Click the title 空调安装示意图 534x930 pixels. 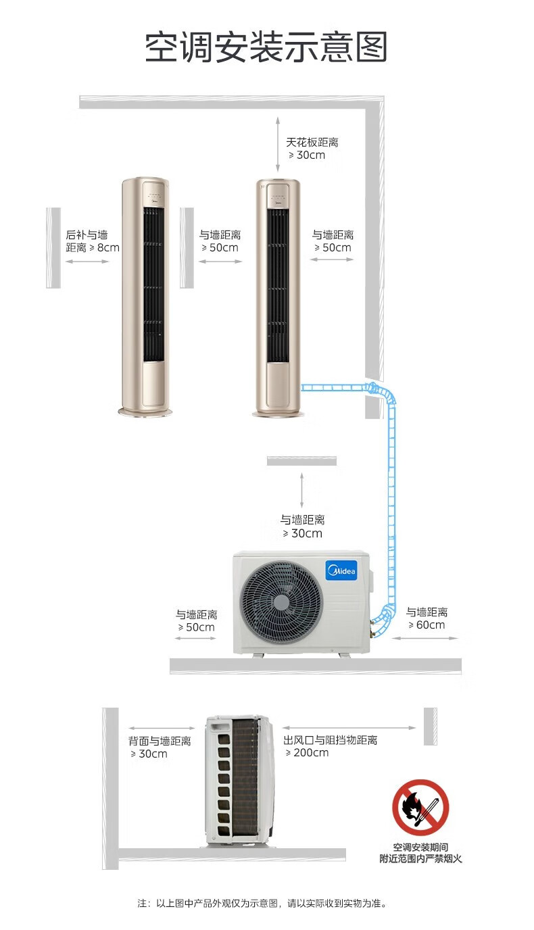click(x=266, y=47)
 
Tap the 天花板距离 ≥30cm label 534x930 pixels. click(x=312, y=149)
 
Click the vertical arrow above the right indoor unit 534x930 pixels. click(x=278, y=145)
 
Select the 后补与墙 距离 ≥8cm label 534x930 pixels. click(x=93, y=241)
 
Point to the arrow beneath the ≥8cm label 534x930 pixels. click(x=87, y=262)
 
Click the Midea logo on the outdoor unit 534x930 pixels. click(x=341, y=570)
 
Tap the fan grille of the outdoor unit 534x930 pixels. click(x=282, y=602)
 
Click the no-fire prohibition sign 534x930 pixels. click(x=420, y=807)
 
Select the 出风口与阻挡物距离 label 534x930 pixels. click(x=331, y=740)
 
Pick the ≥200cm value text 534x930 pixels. click(x=308, y=753)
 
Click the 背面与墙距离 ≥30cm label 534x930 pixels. click(x=160, y=748)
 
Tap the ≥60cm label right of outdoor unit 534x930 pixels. click(x=427, y=618)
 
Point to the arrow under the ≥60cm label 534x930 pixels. click(x=425, y=638)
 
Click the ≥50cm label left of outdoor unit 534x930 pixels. click(x=197, y=620)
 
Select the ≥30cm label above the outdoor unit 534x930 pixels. click(x=302, y=527)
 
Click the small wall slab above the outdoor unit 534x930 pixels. click(x=302, y=460)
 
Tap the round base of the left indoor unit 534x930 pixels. click(x=145, y=411)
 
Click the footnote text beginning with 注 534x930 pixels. click(x=262, y=903)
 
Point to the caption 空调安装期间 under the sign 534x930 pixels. click(x=420, y=848)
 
